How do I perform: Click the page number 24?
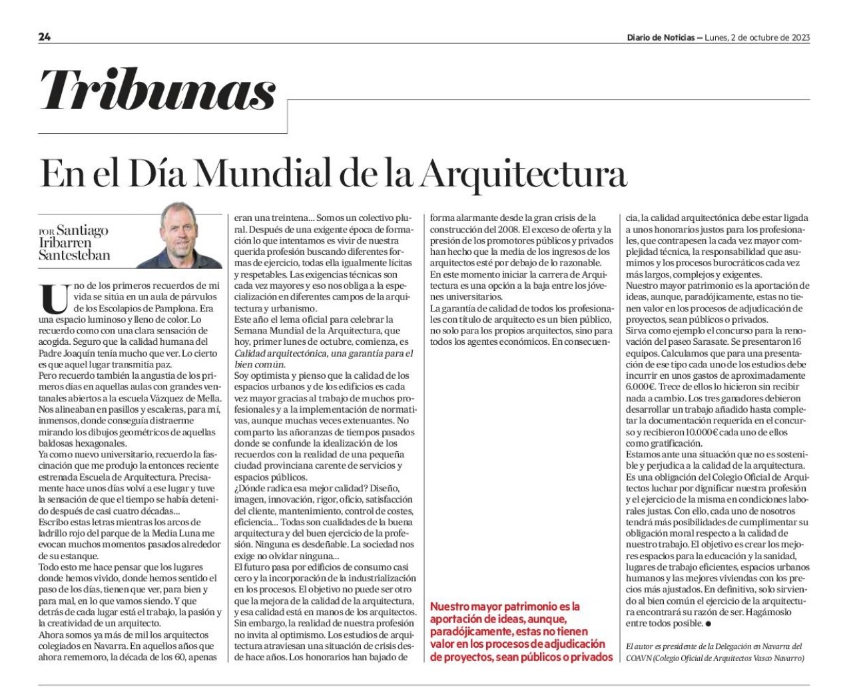45,37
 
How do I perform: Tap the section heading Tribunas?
158,90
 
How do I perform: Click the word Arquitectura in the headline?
523,174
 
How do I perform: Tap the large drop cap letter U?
54,298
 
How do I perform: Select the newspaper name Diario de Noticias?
659,37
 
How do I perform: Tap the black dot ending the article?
708,624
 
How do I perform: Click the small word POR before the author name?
46,232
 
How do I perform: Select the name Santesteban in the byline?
74,256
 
